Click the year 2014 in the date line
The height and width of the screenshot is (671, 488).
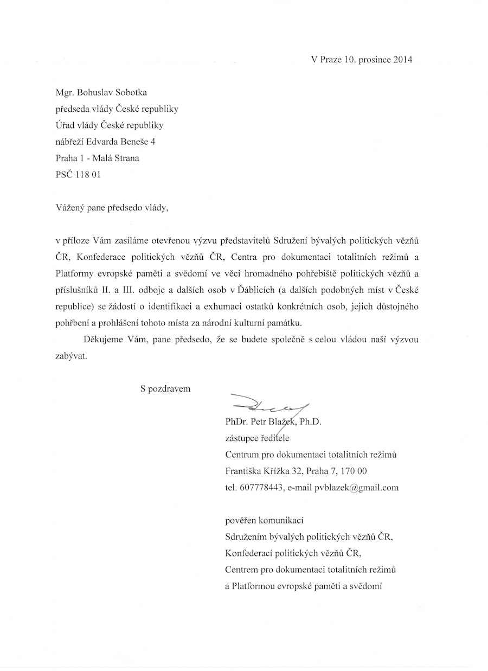(x=402, y=60)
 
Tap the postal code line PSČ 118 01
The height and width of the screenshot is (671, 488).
(x=78, y=175)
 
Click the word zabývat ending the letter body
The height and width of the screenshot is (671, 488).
(x=71, y=356)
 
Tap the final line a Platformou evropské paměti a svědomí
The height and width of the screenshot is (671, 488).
(x=304, y=586)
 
